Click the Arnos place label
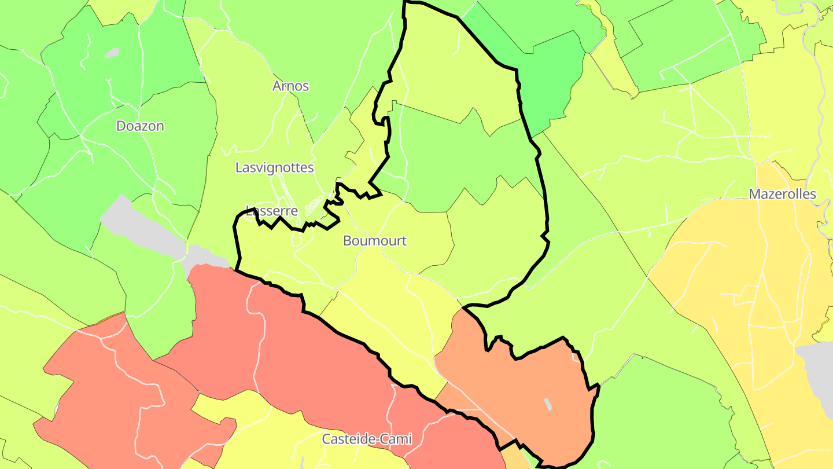click(290, 86)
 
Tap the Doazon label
click(140, 126)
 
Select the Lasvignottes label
click(274, 168)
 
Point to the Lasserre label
click(272, 211)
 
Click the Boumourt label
click(375, 241)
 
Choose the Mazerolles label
click(782, 194)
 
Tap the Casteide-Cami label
click(367, 439)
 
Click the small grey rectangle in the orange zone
click(548, 404)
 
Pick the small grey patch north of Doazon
click(112, 53)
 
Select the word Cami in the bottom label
click(396, 439)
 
